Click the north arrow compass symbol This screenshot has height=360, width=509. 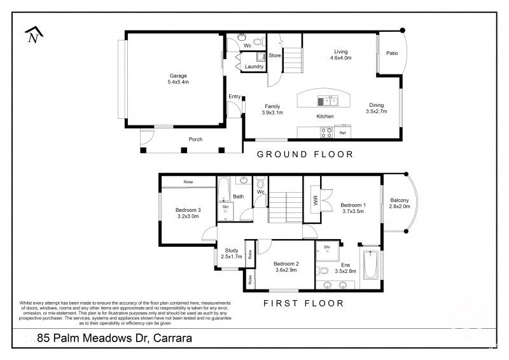[x=32, y=36]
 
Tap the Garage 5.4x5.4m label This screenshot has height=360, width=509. [x=178, y=79]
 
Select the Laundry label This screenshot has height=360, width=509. [x=254, y=66]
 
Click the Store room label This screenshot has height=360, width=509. [x=274, y=56]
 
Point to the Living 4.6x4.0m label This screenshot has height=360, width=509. [x=340, y=55]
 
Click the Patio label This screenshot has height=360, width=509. [x=391, y=53]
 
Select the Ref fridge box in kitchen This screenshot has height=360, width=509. [x=342, y=133]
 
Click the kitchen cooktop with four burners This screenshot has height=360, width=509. [x=326, y=133]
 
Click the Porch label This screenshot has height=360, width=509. [x=195, y=139]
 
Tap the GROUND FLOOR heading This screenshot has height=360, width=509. [x=304, y=155]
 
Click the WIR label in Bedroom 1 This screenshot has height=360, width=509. [x=315, y=201]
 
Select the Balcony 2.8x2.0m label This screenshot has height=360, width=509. [x=400, y=204]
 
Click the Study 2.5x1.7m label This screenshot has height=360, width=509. [x=232, y=253]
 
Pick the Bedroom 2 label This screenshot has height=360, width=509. [x=286, y=267]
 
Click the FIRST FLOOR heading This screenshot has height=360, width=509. [x=303, y=303]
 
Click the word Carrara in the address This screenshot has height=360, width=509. [x=170, y=339]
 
